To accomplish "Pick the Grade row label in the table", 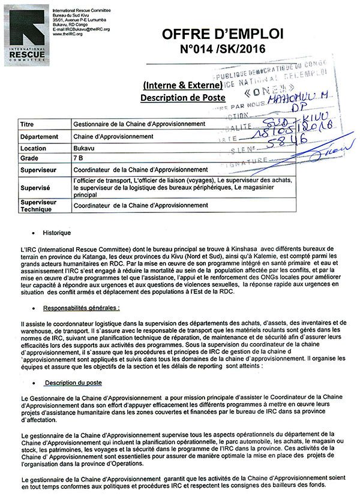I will (x=29, y=159).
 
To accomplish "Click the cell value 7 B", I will (x=78, y=159).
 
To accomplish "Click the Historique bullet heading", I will (x=56, y=232).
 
